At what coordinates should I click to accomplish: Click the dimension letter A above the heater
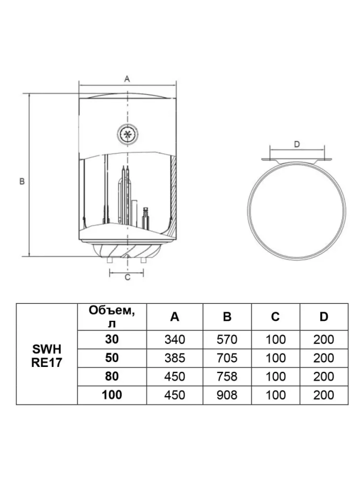click(x=127, y=79)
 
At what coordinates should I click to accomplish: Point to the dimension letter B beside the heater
click(x=22, y=181)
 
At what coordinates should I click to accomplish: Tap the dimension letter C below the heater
click(x=128, y=278)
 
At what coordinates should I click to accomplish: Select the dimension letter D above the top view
click(x=297, y=144)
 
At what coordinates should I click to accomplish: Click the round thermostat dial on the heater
click(x=128, y=135)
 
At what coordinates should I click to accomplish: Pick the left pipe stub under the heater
click(x=110, y=260)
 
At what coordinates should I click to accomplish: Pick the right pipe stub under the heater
click(x=143, y=260)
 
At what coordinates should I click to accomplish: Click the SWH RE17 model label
click(x=47, y=356)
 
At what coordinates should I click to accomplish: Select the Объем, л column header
click(x=112, y=316)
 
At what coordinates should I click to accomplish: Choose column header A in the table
click(x=175, y=317)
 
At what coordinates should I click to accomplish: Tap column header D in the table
click(x=324, y=317)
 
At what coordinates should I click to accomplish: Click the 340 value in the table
click(x=175, y=340)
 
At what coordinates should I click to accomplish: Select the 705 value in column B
click(x=227, y=358)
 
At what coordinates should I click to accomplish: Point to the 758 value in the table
click(x=227, y=377)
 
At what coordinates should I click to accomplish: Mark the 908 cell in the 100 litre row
click(x=227, y=395)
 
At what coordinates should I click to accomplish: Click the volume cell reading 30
click(x=112, y=339)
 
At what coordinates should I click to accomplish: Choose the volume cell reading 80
click(x=112, y=376)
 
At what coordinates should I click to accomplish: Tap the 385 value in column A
click(x=175, y=358)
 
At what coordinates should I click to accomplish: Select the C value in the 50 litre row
click(x=276, y=358)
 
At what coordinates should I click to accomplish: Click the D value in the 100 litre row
click(x=324, y=395)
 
